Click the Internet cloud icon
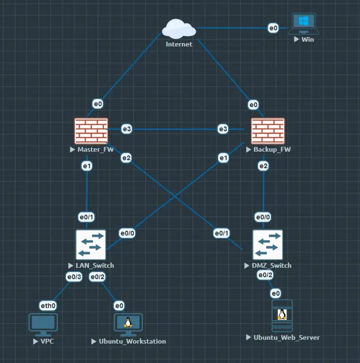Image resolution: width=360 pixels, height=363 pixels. tap(179, 29)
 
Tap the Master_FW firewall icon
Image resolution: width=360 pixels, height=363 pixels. tap(91, 131)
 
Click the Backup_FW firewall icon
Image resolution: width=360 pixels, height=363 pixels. tap(268, 131)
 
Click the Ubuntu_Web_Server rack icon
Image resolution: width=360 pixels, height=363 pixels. tap(282, 316)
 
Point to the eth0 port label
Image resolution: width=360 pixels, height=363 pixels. tap(48, 306)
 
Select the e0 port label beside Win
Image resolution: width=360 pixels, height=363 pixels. tap(273, 28)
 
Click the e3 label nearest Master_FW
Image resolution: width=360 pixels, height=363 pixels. tap(127, 129)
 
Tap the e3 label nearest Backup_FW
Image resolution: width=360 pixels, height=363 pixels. tap(223, 129)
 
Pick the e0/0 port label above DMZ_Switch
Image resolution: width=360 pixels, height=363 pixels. tap(263, 218)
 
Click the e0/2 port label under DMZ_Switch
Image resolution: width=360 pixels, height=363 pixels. tap(265, 275)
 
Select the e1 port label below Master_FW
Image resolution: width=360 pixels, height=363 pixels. tap(87, 165)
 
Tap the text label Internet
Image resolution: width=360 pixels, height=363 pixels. tap(179, 44)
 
